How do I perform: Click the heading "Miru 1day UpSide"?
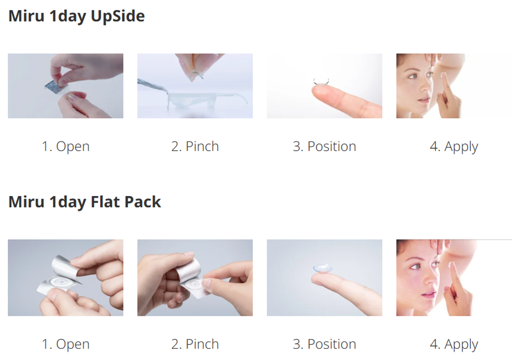76,16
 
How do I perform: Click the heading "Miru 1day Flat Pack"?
85,202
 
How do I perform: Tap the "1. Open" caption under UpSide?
65,146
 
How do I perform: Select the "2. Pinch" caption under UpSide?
195,146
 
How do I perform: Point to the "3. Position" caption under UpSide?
324,146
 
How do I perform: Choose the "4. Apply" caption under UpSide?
454,146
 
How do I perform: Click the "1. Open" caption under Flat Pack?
65,344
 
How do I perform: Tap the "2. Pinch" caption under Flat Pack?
195,344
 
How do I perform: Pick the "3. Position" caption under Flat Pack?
324,344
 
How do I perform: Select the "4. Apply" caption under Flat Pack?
454,344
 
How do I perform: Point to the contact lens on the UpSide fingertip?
321,81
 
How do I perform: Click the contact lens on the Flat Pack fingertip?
322,268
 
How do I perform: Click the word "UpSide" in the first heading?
118,16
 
